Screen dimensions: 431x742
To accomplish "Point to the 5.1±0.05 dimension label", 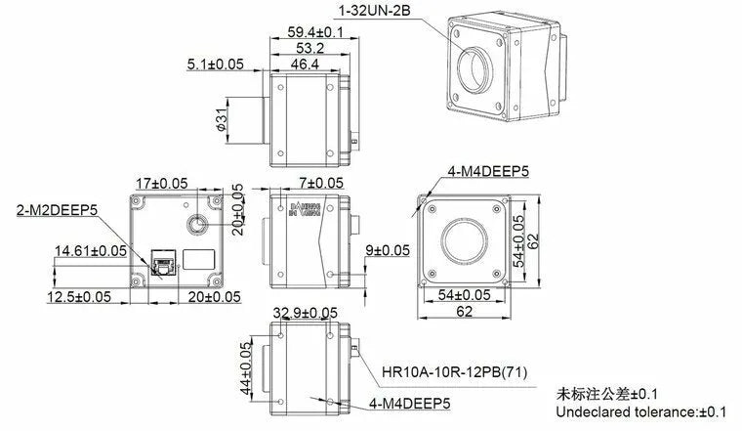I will (216, 65).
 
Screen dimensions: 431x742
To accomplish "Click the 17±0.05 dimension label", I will (161, 183).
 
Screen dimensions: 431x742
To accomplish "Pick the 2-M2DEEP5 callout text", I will (57, 208).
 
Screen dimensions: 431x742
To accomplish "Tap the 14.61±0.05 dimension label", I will (91, 251).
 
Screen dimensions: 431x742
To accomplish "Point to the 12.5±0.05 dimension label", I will (85, 295).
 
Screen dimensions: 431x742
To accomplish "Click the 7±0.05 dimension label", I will (321, 183).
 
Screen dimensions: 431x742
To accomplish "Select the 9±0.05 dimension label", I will (388, 251).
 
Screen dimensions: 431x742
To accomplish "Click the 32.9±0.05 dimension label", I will (306, 314).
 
